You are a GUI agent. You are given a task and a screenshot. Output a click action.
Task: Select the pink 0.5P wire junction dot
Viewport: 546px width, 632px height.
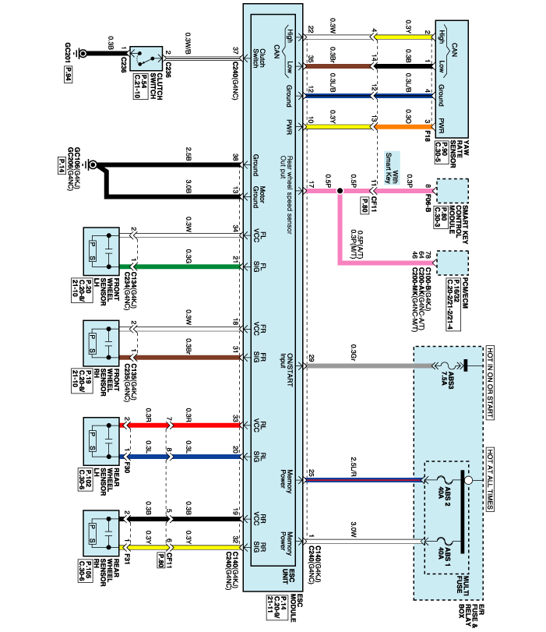(x=340, y=190)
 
